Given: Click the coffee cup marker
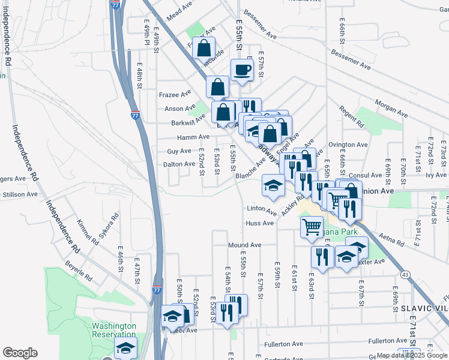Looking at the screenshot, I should click(242, 70).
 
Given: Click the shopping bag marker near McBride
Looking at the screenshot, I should click(204, 48).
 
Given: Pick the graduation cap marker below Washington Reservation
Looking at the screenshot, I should click(125, 347).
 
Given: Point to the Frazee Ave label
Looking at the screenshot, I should click(175, 94).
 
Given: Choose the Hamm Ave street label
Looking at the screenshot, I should click(180, 137).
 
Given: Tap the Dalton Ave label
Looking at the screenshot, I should click(179, 164).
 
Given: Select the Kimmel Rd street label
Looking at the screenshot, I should click(87, 232).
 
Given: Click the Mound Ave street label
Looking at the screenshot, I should click(244, 245).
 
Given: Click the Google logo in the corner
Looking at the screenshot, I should click(20, 353).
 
